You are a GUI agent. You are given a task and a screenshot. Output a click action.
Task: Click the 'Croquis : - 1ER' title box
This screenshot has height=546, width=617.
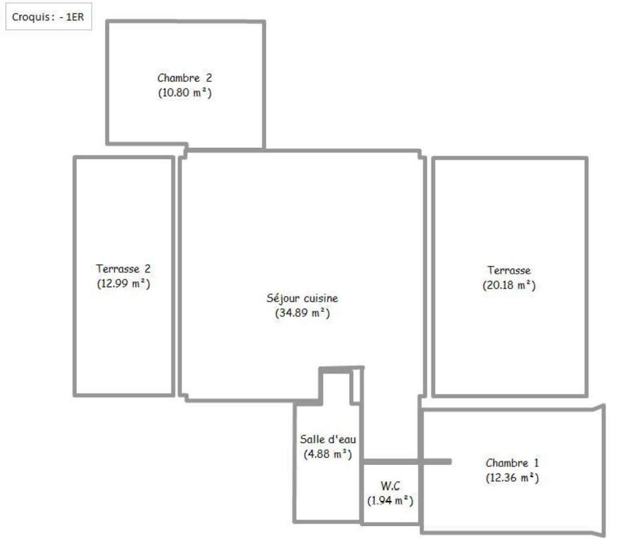[x=49, y=17]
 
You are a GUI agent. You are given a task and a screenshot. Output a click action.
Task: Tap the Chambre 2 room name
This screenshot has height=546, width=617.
[x=184, y=78]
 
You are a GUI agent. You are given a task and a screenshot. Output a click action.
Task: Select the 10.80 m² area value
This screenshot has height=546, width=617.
[x=184, y=93]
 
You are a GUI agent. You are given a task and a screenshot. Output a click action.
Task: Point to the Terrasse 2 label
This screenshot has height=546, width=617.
[x=123, y=268]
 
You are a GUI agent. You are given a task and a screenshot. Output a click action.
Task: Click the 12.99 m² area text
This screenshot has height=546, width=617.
[x=124, y=284]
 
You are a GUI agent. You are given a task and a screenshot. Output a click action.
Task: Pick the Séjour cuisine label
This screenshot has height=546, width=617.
[x=302, y=299]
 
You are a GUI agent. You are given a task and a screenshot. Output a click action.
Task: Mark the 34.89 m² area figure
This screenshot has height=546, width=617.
[x=302, y=313]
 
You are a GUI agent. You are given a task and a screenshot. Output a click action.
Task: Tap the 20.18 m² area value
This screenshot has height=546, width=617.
[x=509, y=285]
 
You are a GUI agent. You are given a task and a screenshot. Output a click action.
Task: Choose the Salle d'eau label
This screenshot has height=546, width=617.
[x=328, y=440]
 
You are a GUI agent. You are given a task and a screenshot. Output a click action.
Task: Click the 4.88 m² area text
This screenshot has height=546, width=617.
[x=328, y=454]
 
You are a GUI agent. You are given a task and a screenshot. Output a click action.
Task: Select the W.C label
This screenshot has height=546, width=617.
[x=391, y=486]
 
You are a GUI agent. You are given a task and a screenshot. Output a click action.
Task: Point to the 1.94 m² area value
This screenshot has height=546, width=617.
[x=391, y=501]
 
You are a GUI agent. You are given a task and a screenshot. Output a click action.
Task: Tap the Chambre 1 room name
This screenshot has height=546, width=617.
[x=512, y=463]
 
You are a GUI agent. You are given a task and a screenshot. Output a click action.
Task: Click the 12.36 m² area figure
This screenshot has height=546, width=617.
[x=512, y=478]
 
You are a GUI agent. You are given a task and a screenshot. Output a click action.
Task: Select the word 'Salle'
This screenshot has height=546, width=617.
[x=312, y=440]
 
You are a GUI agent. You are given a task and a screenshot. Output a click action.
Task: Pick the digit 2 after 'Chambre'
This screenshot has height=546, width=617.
[x=208, y=78]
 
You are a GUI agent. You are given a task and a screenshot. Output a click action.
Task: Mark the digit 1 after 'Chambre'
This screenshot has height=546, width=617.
[x=536, y=463]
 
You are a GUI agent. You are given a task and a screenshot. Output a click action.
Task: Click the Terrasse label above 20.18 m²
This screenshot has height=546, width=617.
[x=509, y=270]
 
